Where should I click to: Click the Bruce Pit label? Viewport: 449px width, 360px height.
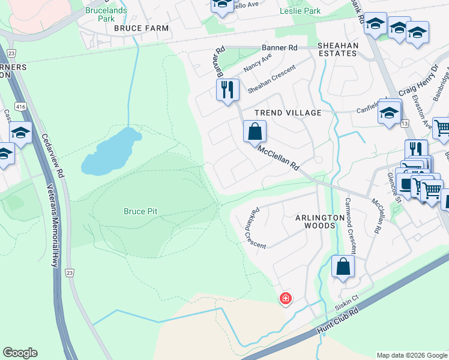tap(140, 211)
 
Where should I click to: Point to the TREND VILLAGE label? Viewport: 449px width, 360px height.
tap(288, 113)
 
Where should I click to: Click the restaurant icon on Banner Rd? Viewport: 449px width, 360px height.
tap(228, 90)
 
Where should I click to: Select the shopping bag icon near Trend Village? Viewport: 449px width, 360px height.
tap(255, 130)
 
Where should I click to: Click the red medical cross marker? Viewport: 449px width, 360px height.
tap(286, 298)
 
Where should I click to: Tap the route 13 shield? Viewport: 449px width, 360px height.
tap(405, 123)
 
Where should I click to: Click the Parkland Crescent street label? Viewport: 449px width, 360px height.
tap(251, 224)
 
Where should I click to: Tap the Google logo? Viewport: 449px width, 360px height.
tap(20, 353)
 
